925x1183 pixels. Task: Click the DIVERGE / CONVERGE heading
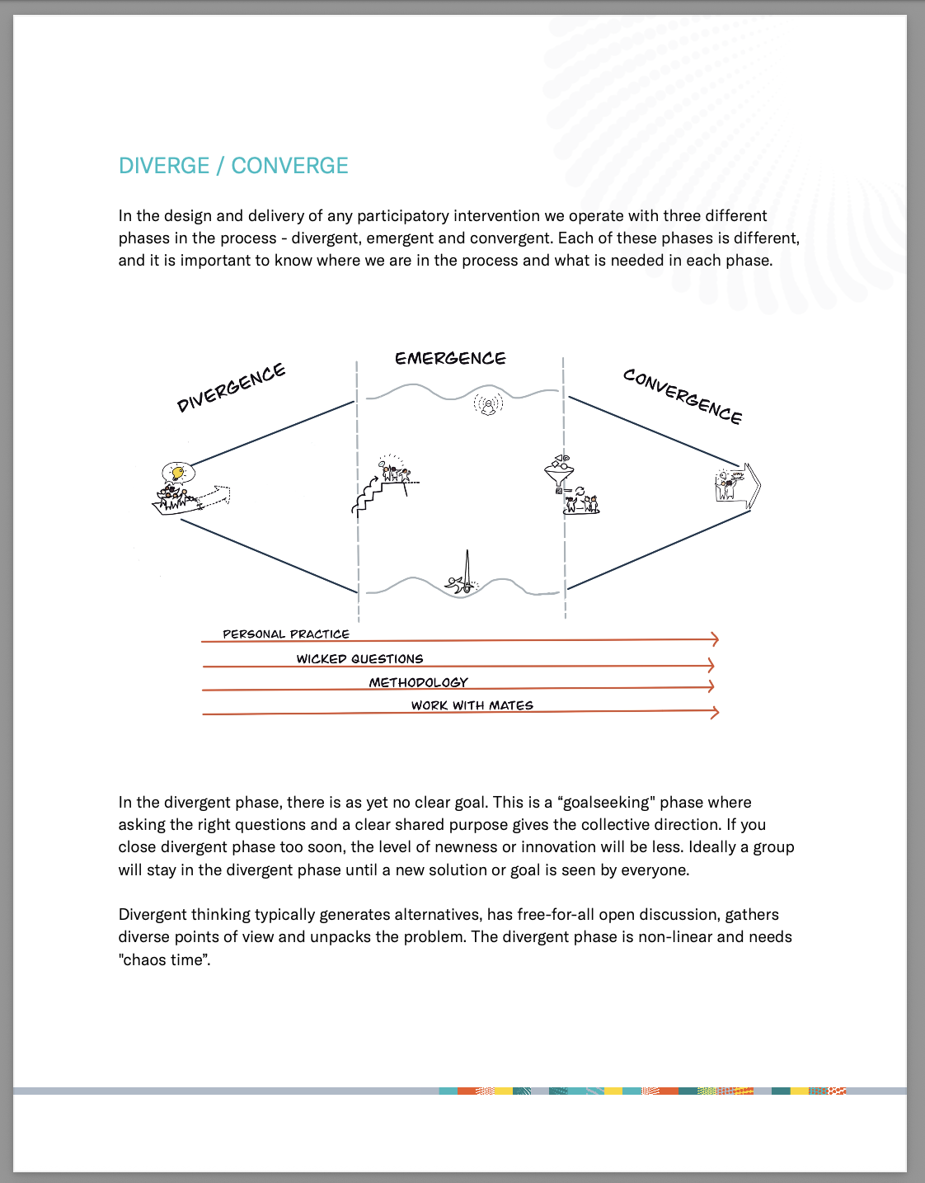pos(233,166)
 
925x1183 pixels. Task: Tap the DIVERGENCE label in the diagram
pos(231,387)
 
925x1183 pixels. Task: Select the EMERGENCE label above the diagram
pos(450,358)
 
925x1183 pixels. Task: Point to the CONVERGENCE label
pos(683,396)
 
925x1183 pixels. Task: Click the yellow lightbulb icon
pos(176,473)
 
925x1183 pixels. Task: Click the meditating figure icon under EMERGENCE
pos(489,404)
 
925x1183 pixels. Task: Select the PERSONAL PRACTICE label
pos(286,634)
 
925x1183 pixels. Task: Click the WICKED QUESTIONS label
pos(359,658)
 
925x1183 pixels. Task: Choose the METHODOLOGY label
pos(418,682)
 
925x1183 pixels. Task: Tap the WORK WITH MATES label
pos(472,705)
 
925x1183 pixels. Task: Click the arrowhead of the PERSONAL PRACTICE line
pos(715,639)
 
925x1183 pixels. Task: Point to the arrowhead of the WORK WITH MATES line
pos(715,712)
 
